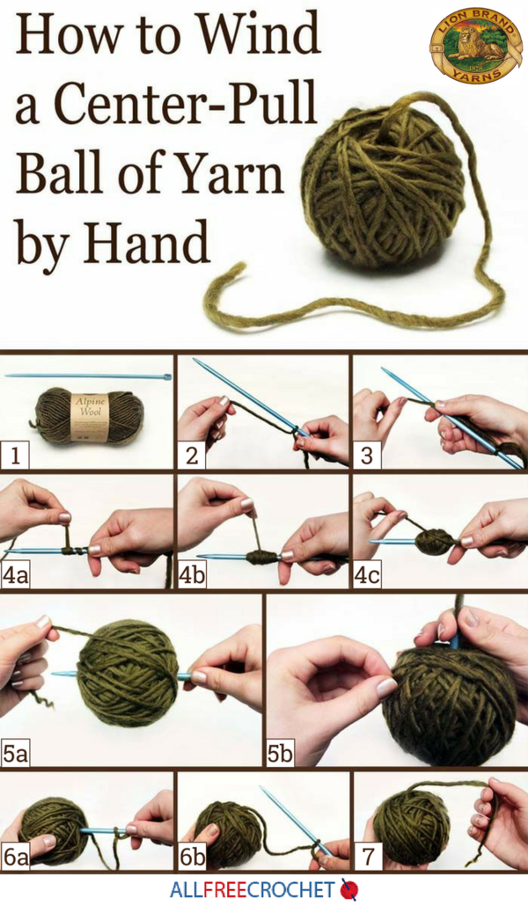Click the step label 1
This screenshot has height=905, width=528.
pyautogui.click(x=14, y=456)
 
